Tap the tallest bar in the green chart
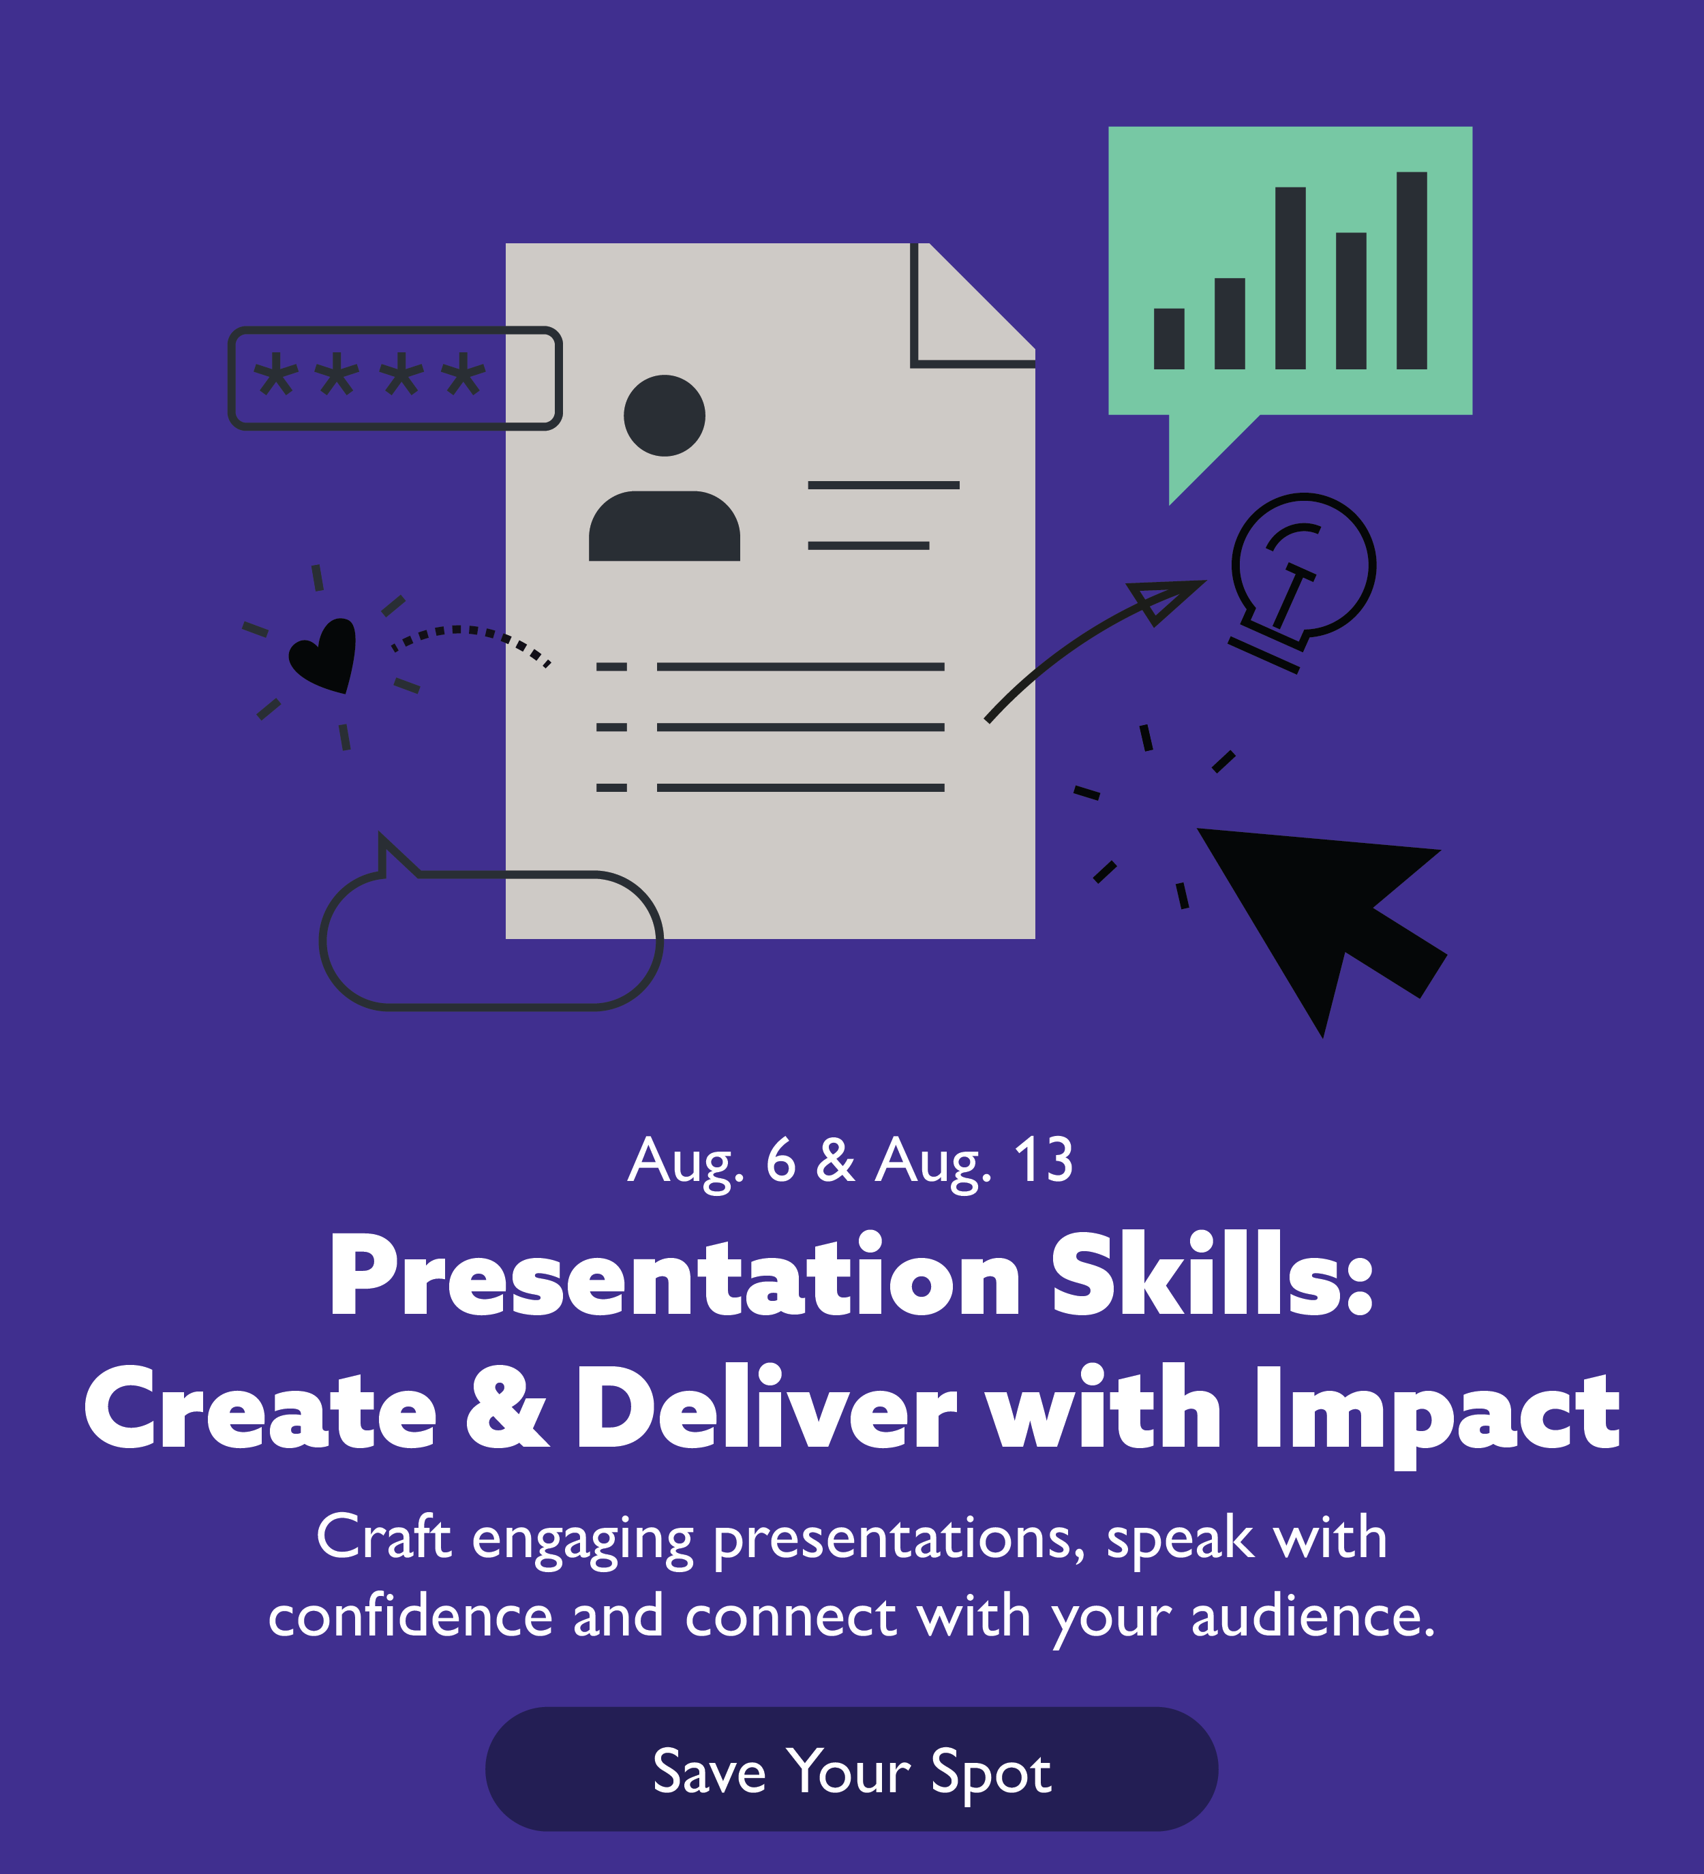1411,271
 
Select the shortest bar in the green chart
1168,339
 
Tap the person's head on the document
664,416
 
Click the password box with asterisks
394,378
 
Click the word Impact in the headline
1436,1409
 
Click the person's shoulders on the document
664,527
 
